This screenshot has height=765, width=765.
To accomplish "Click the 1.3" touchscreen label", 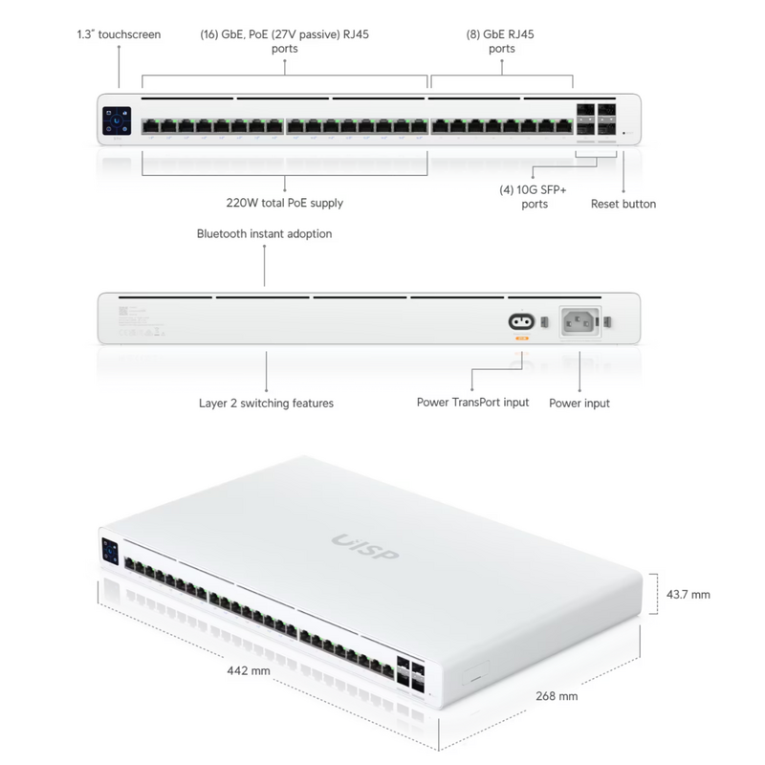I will click(119, 34).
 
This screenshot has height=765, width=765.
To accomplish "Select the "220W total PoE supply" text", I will click(285, 203).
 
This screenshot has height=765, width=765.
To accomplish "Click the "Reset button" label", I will click(623, 204).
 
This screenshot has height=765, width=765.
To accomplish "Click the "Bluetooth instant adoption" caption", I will click(265, 233).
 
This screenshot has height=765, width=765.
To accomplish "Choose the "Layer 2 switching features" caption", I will click(266, 404).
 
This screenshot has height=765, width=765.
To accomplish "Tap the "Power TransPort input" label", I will click(472, 403).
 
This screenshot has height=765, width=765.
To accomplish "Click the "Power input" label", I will click(579, 404).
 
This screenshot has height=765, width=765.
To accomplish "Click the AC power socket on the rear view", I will click(579, 321).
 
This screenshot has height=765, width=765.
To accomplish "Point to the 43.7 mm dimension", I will click(688, 595).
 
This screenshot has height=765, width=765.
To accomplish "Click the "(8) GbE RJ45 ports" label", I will click(502, 41).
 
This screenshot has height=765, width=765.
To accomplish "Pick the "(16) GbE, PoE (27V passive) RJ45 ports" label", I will click(284, 41).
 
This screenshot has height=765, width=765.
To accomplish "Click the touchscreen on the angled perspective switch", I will click(108, 552).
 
